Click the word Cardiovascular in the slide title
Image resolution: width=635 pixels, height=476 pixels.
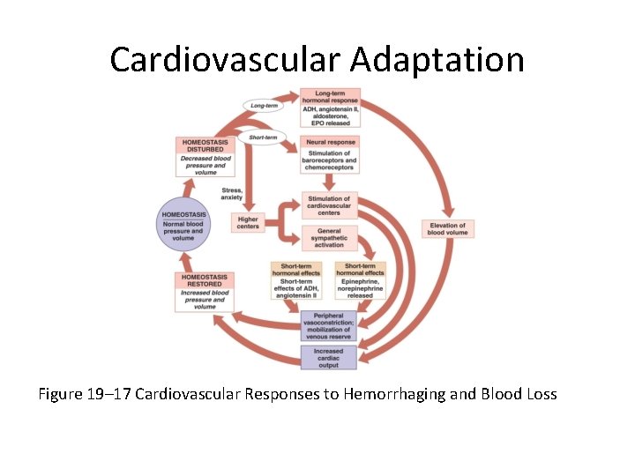225,60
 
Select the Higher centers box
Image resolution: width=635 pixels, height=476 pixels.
248,222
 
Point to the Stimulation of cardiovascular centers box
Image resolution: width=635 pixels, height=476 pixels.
330,205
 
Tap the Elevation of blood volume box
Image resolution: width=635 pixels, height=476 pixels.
448,229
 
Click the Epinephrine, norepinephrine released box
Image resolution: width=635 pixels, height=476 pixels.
365,280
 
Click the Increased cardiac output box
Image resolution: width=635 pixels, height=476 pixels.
329,356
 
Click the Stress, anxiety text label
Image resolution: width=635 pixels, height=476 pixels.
232,194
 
